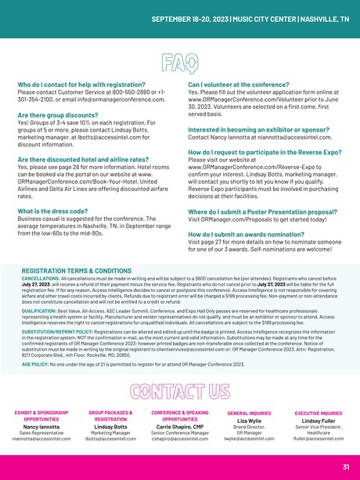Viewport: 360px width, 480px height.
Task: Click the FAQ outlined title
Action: click(179, 61)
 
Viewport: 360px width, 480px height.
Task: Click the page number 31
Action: click(345, 467)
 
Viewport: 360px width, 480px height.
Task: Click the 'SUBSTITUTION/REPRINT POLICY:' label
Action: click(58, 333)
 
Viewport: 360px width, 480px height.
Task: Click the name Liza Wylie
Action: click(249, 421)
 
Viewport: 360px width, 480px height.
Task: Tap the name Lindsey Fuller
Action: click(318, 421)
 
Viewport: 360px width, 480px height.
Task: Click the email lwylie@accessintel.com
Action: click(249, 440)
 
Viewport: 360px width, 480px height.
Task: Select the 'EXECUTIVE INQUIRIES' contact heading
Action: click(318, 413)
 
